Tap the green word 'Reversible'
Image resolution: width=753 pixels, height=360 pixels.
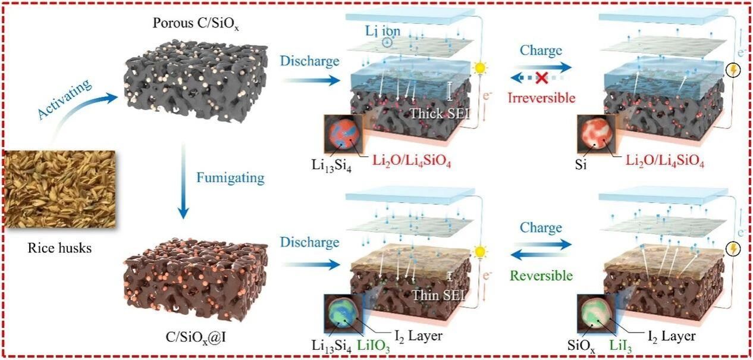[x=541, y=276]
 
